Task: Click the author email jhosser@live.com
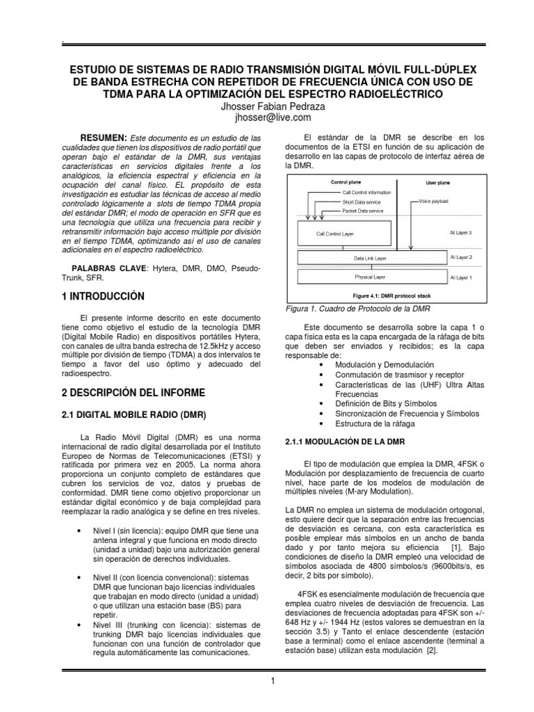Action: tap(267, 118)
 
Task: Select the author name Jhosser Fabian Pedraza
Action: tap(267, 106)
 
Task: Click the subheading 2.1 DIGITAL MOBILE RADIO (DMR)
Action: tap(133, 416)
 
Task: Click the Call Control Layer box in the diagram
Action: tap(335, 235)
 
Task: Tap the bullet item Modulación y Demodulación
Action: tap(385, 364)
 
